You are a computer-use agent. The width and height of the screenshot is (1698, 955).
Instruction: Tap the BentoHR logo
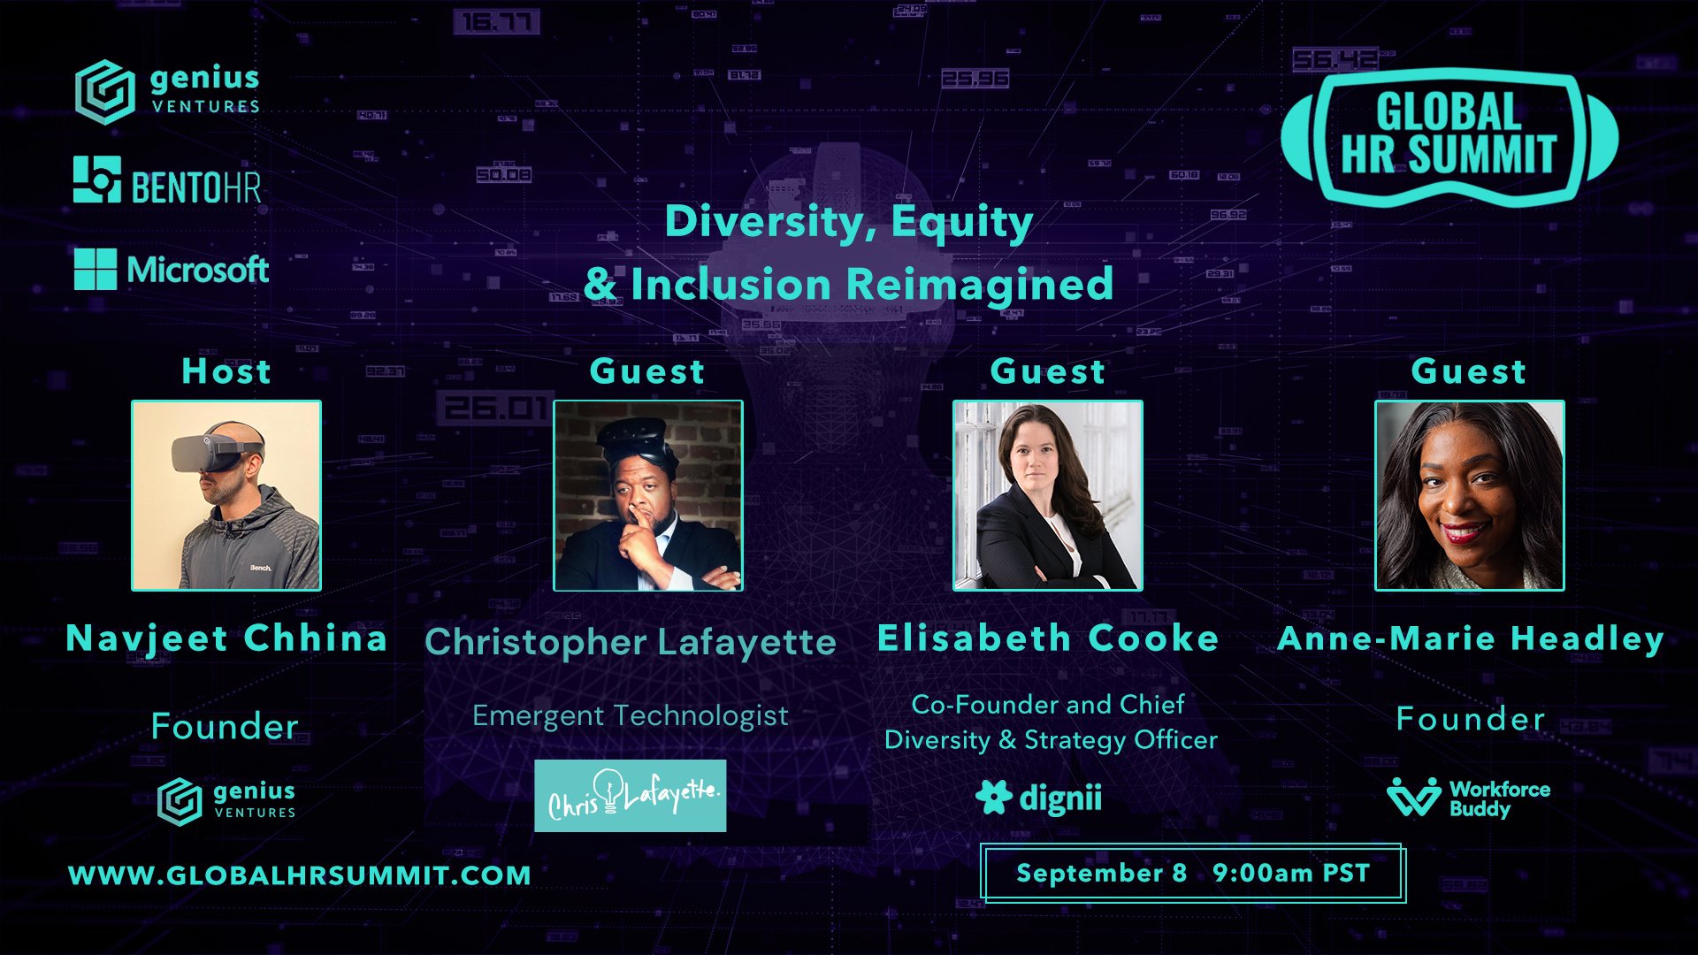(167, 180)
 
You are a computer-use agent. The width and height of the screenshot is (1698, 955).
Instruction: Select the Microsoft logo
(172, 269)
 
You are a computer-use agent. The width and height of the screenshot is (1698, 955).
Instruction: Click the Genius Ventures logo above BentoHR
(167, 92)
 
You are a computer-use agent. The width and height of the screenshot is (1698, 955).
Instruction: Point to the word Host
(226, 371)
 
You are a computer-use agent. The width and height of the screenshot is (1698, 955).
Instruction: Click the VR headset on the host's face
(216, 451)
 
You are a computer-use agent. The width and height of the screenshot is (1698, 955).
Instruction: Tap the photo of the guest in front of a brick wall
(648, 495)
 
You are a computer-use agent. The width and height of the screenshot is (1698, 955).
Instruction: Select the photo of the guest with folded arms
(1048, 495)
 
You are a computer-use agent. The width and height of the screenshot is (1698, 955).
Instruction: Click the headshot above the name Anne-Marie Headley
(1470, 495)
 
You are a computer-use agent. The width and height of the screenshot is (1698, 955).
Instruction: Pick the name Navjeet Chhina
(226, 638)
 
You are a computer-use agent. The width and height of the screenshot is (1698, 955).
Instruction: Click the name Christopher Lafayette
(631, 642)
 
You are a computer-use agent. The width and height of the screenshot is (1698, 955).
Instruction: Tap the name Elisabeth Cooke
(1048, 638)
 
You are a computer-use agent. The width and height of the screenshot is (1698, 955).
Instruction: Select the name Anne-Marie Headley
(1471, 638)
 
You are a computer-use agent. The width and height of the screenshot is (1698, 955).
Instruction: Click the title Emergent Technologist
(631, 715)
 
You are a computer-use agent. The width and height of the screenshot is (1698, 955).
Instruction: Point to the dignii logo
(1039, 798)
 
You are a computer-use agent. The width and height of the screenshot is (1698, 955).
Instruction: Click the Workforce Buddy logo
(1468, 798)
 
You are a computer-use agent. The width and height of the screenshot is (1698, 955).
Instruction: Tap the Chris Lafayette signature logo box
(631, 796)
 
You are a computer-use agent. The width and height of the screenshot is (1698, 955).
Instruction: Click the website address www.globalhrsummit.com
(300, 875)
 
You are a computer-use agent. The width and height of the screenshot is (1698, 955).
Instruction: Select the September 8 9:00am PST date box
(1193, 874)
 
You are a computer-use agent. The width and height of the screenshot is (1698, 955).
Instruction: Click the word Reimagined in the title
(980, 285)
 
